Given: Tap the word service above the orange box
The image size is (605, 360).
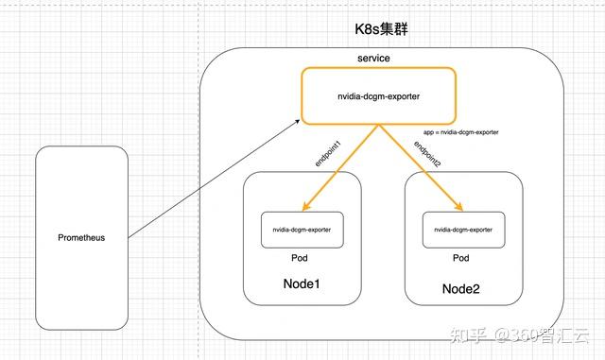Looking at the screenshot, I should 373,59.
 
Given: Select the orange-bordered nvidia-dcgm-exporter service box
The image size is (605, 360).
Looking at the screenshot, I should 379,95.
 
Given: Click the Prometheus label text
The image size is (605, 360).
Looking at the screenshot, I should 80,237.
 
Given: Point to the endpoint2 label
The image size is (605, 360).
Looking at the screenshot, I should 428,151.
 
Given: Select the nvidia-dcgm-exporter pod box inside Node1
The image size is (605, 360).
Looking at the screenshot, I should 302,230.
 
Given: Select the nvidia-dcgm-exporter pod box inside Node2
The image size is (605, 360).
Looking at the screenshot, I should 462,230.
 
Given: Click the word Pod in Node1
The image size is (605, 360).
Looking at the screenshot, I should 302,258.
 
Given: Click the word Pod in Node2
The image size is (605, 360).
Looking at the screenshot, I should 461,258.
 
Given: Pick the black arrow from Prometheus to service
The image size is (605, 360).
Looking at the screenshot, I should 213,179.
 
